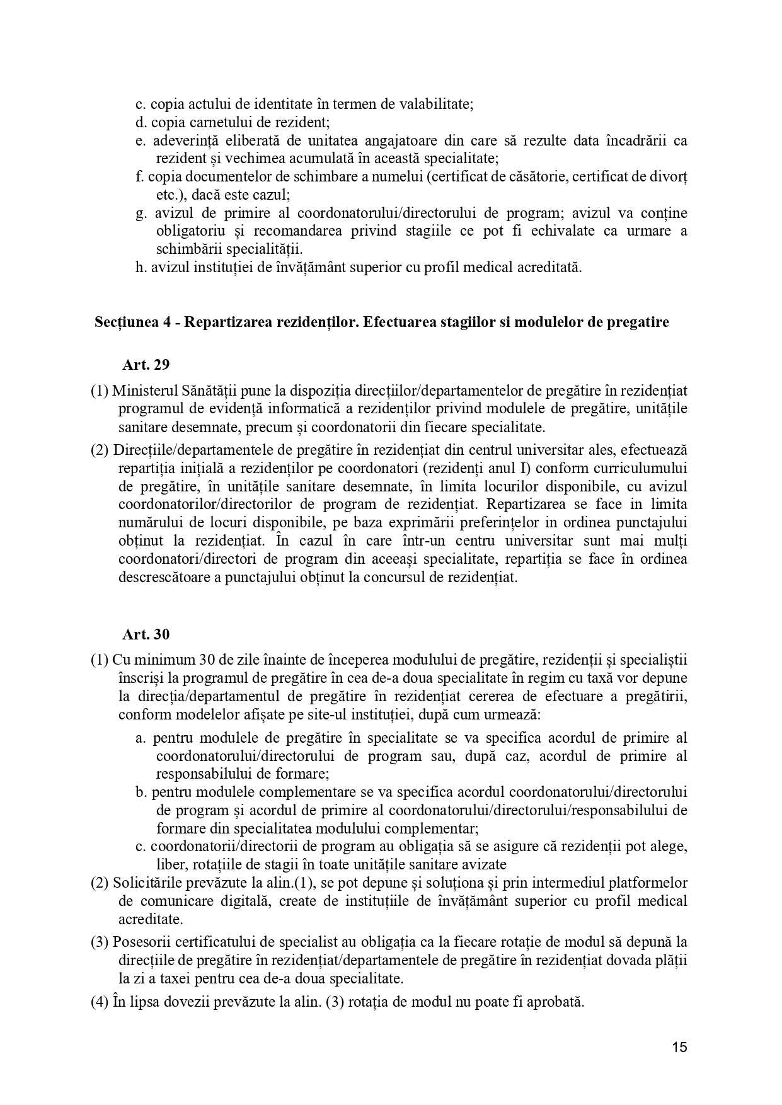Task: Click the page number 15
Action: pos(679,1048)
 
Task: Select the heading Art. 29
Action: pos(146,364)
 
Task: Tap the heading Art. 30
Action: pos(146,634)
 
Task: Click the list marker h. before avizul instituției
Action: pos(141,267)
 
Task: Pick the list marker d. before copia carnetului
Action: pos(141,122)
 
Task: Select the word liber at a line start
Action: pos(170,864)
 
